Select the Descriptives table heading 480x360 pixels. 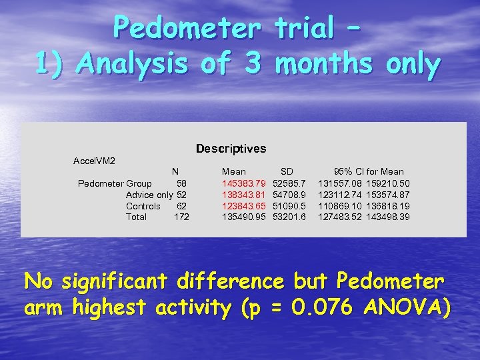click(x=231, y=149)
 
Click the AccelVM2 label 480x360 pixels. click(x=94, y=161)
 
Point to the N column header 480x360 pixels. click(x=175, y=172)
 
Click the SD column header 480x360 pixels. click(x=287, y=172)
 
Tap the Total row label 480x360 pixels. click(x=136, y=217)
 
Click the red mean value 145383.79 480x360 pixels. click(x=244, y=183)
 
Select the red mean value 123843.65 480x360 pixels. click(x=244, y=206)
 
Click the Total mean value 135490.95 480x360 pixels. click(x=244, y=217)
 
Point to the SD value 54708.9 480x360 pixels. click(x=289, y=195)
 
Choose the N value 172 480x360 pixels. click(x=181, y=217)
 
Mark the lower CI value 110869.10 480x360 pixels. click(x=340, y=206)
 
